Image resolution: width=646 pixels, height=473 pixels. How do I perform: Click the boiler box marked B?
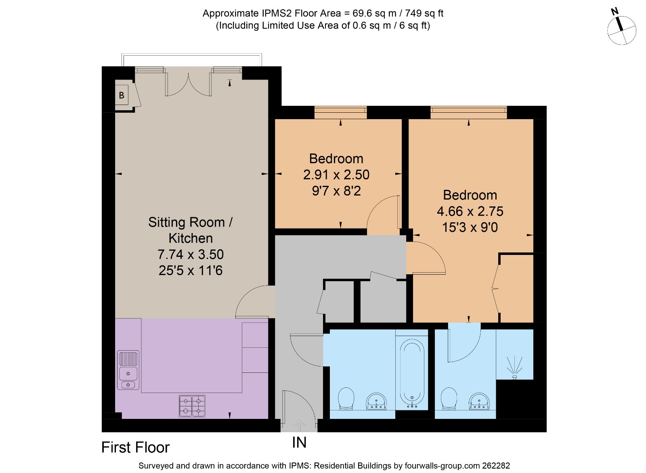pyautogui.click(x=122, y=95)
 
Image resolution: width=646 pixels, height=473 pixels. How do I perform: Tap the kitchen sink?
pyautogui.click(x=128, y=370)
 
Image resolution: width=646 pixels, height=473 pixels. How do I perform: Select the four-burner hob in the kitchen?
pyautogui.click(x=192, y=406)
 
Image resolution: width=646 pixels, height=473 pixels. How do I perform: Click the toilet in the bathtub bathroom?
pyautogui.click(x=346, y=399)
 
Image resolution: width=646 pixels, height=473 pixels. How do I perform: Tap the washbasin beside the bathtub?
pyautogui.click(x=376, y=402)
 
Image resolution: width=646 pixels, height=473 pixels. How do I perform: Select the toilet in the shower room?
pyautogui.click(x=449, y=399)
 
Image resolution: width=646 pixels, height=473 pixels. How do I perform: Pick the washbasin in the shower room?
pyautogui.click(x=479, y=402)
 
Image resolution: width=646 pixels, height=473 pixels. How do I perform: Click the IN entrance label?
pyautogui.click(x=299, y=442)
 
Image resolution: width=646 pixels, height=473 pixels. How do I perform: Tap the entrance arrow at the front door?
pyautogui.click(x=299, y=426)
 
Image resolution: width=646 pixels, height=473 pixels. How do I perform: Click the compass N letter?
pyautogui.click(x=615, y=12)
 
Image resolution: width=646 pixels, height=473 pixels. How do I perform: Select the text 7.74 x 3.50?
pyautogui.click(x=191, y=254)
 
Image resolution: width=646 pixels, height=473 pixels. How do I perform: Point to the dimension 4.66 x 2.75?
pyautogui.click(x=470, y=211)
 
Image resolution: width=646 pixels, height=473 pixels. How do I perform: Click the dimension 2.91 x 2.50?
pyautogui.click(x=336, y=174)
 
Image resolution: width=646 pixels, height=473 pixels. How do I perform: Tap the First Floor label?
pyautogui.click(x=136, y=448)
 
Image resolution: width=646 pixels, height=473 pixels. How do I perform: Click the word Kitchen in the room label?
pyautogui.click(x=191, y=238)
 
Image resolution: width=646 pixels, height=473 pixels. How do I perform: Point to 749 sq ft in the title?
pyautogui.click(x=424, y=13)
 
